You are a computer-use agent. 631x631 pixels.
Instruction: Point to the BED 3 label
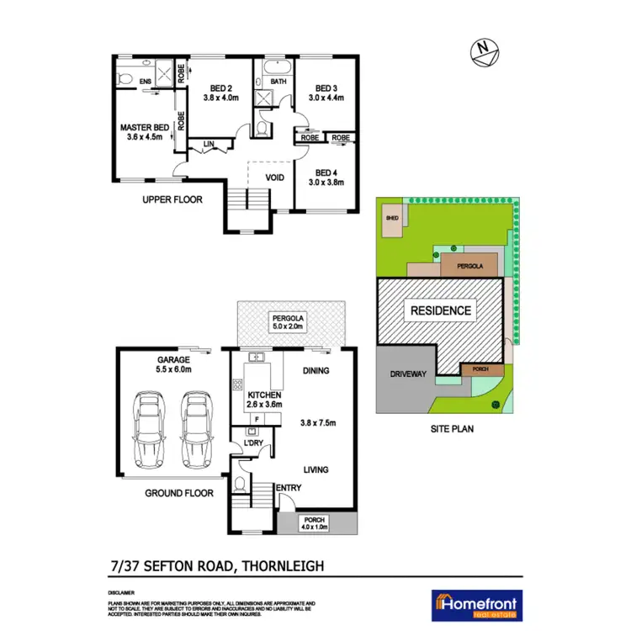326,87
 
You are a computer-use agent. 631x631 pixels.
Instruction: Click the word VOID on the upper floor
273,178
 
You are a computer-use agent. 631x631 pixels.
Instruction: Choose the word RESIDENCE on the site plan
440,310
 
